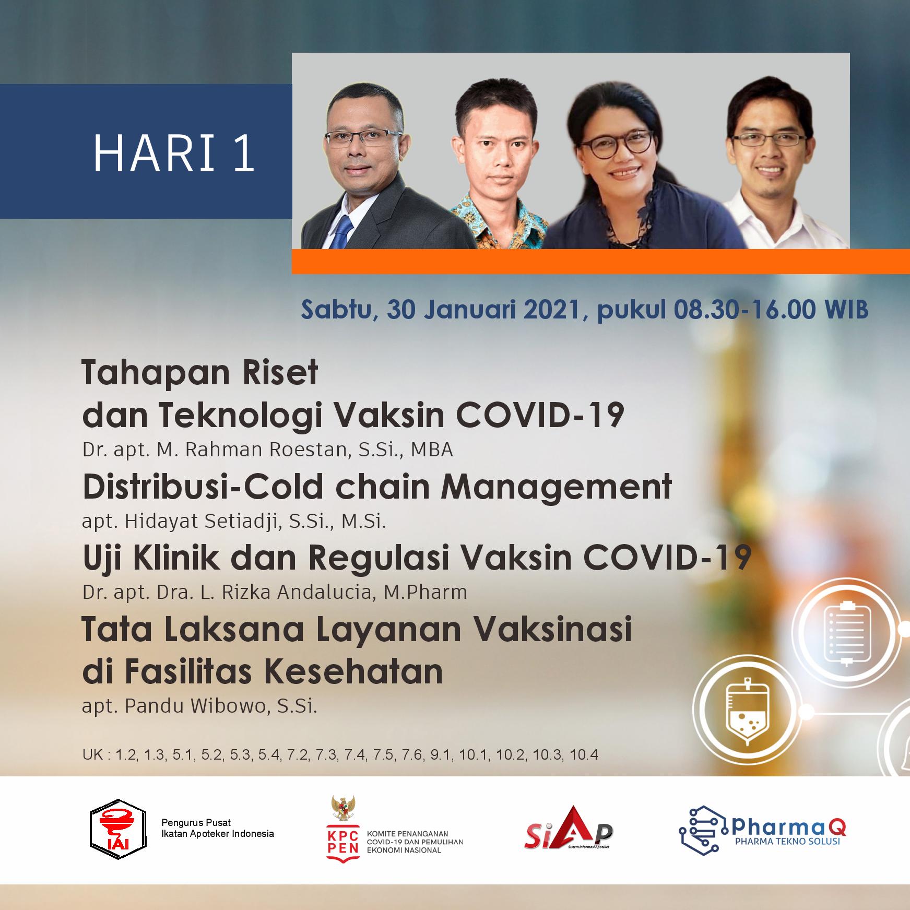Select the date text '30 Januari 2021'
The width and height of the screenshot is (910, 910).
click(483, 310)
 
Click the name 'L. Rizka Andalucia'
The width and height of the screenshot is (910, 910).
click(282, 593)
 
